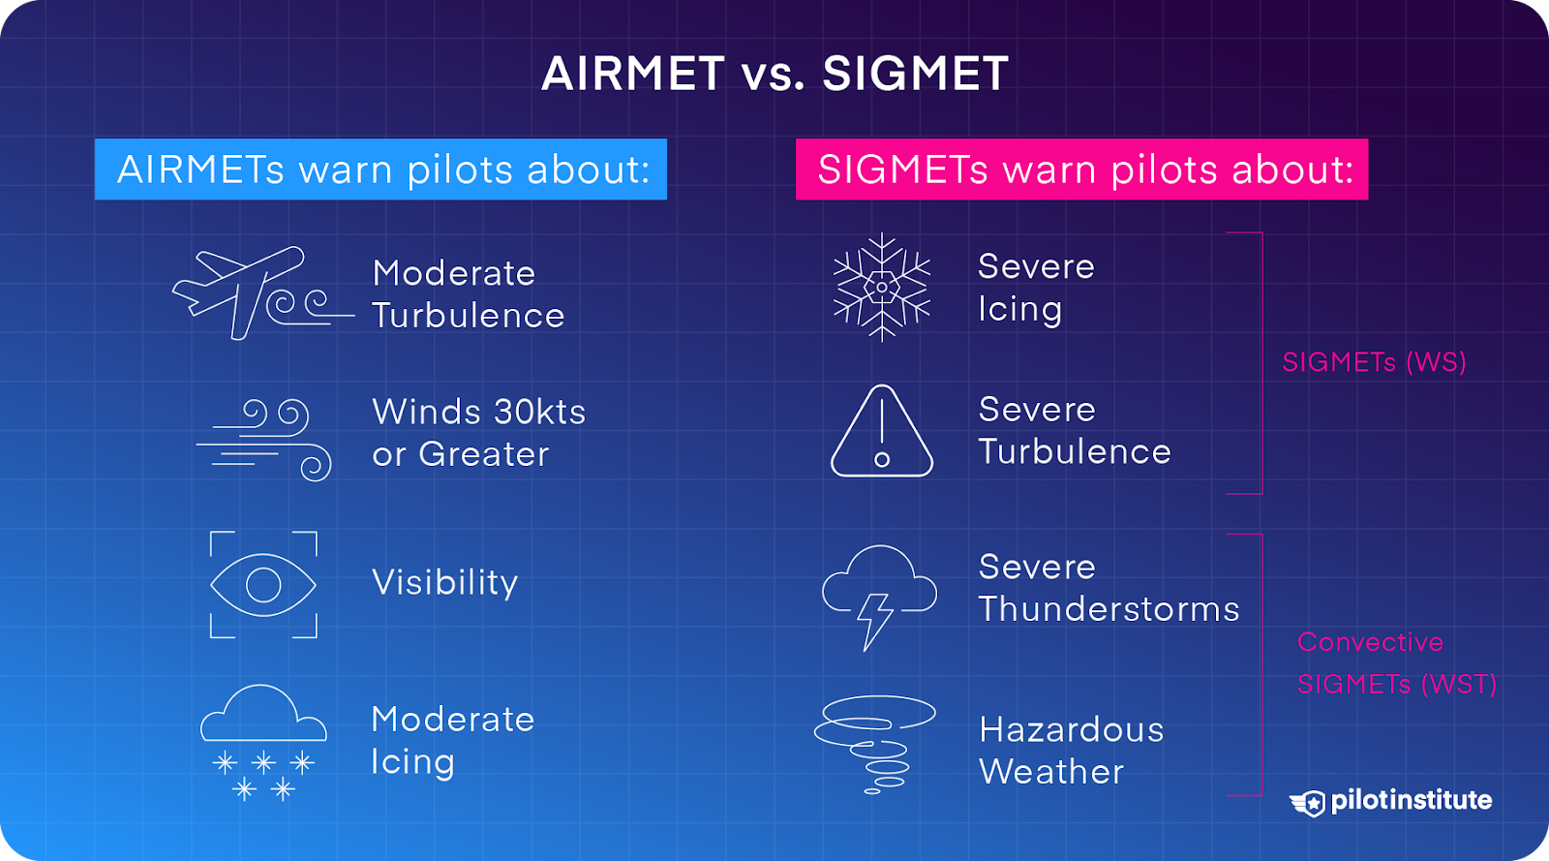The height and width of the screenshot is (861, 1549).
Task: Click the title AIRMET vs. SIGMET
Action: [774, 74]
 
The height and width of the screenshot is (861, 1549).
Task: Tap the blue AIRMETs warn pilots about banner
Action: [380, 169]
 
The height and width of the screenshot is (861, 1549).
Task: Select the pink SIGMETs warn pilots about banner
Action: [1081, 169]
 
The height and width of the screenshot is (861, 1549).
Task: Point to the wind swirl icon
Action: [266, 439]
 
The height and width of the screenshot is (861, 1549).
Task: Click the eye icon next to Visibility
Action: [263, 585]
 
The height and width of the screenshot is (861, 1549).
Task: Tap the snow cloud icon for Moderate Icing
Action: [263, 742]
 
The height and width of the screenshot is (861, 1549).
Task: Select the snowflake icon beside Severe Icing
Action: [882, 288]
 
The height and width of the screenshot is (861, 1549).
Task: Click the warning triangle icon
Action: [882, 433]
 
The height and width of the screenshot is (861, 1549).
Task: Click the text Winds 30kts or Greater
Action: [478, 433]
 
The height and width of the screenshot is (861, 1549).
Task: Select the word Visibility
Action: [445, 583]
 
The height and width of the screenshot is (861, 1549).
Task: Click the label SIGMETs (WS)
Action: [1374, 362]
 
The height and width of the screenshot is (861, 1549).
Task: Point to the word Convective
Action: [1370, 642]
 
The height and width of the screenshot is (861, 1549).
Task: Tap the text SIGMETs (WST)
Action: [1396, 685]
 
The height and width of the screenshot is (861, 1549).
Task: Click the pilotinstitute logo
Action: [1390, 801]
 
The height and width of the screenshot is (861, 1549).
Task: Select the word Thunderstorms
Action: [1109, 609]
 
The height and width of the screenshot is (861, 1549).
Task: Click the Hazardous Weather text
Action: [1071, 751]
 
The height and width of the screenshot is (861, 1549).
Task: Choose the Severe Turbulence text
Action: [1074, 431]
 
